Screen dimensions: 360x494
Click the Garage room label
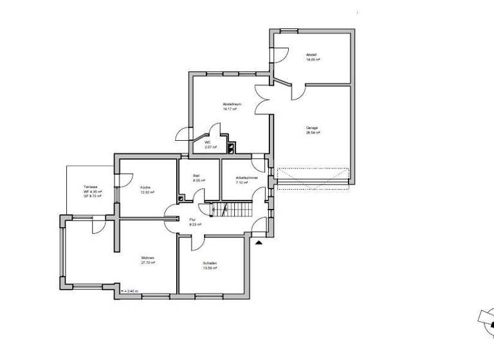pyautogui.click(x=313, y=128)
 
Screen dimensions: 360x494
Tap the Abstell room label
pyautogui.click(x=312, y=55)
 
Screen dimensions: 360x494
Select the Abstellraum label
pyautogui.click(x=230, y=104)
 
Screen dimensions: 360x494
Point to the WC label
pyautogui.click(x=208, y=142)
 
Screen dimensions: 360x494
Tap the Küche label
pyautogui.click(x=145, y=187)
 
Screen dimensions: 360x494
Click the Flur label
pyautogui.click(x=192, y=220)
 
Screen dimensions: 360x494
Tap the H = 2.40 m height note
pyautogui.click(x=131, y=292)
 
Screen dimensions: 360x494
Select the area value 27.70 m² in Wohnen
pyautogui.click(x=149, y=264)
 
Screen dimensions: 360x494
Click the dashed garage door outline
pyautogui.click(x=313, y=175)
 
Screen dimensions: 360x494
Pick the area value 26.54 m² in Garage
pyautogui.click(x=313, y=133)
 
